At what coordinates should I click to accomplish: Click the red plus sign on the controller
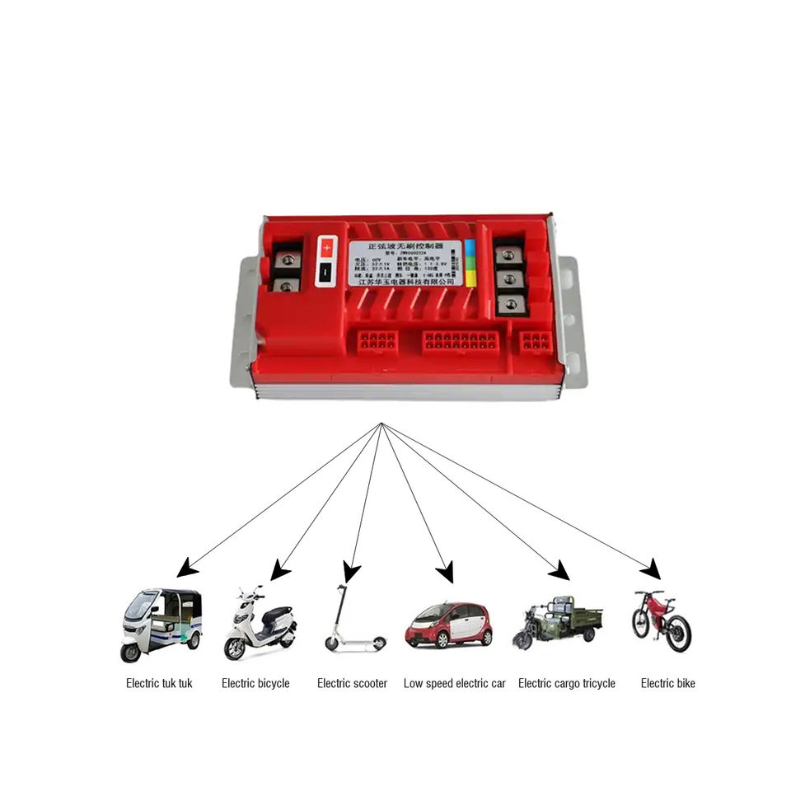pos(326,246)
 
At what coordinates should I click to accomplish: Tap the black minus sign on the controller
pos(326,271)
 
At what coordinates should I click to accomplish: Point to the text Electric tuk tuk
pos(159,683)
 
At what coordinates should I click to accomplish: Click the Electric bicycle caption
pos(255,683)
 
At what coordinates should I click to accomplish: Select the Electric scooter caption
pos(352,683)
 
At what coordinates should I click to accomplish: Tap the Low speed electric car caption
pos(454,683)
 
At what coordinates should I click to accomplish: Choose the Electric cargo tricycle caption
pos(566,683)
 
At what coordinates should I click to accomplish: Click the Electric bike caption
pos(667,683)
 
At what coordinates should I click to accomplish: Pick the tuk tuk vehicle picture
pos(161,624)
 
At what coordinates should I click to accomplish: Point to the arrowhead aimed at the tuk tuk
pos(186,567)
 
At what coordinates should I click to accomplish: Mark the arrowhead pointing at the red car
pos(446,572)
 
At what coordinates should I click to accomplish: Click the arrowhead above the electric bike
pos(653,569)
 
